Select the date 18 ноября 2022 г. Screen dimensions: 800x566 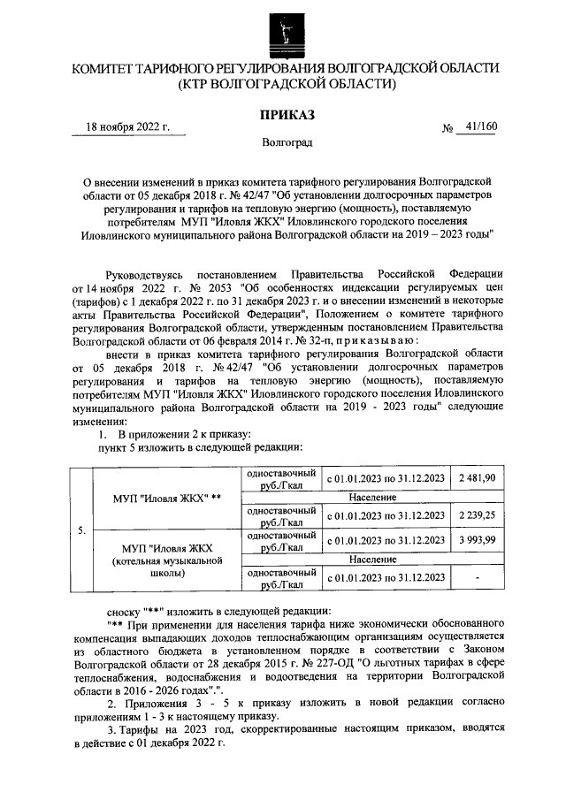(128, 126)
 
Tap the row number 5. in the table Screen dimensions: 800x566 (80, 530)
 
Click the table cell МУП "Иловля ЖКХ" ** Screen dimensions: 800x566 (166, 497)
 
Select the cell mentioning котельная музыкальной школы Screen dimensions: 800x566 (166, 560)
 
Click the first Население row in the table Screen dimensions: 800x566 (383, 497)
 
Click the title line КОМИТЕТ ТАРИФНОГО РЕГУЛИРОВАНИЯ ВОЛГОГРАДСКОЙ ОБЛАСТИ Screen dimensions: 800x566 (286, 68)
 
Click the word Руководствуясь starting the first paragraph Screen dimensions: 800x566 (144, 276)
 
